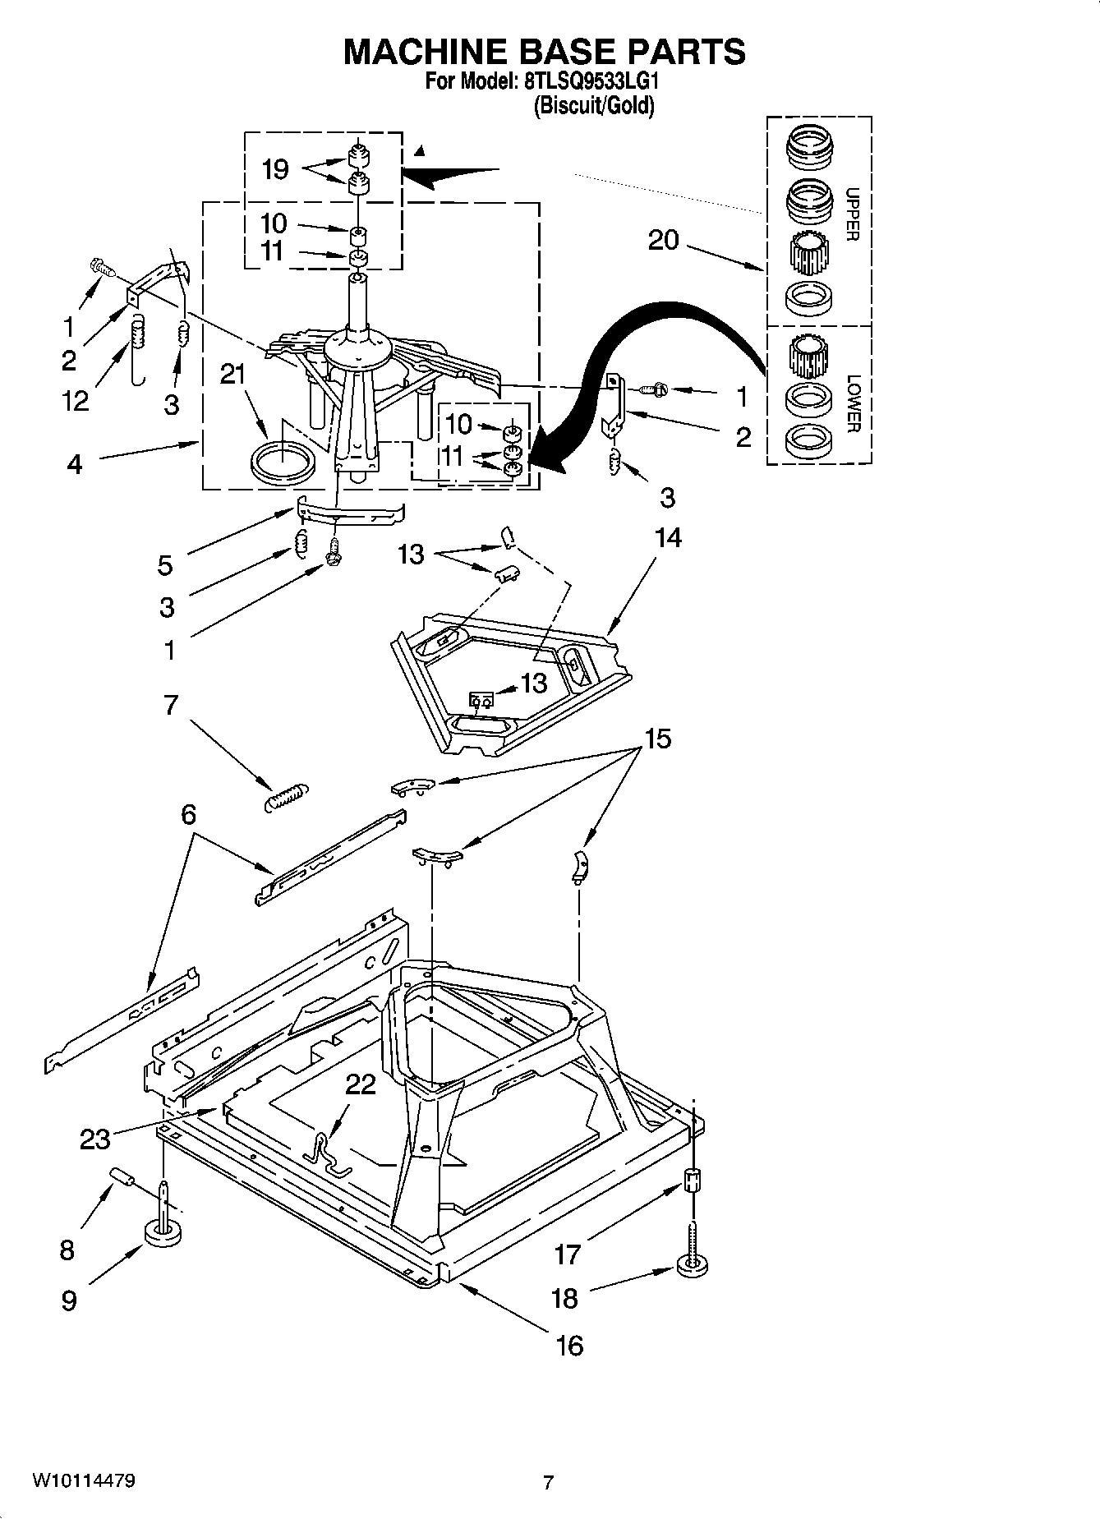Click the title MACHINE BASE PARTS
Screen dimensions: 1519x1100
coord(544,51)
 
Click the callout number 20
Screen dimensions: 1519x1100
coord(663,240)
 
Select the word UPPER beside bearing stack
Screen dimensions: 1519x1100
coord(852,214)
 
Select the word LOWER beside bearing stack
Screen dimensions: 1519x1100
coord(854,403)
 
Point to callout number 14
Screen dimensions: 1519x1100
coord(668,537)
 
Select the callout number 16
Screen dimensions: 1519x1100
coord(568,1345)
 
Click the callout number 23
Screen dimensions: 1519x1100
coord(95,1139)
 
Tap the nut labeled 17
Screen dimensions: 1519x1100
coord(693,1181)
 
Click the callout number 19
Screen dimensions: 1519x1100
coord(275,169)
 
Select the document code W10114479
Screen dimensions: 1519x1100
coord(83,1480)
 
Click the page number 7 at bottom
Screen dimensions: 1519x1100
coord(549,1483)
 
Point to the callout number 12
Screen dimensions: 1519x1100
coord(76,401)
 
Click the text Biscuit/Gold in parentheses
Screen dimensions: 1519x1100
coord(594,106)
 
